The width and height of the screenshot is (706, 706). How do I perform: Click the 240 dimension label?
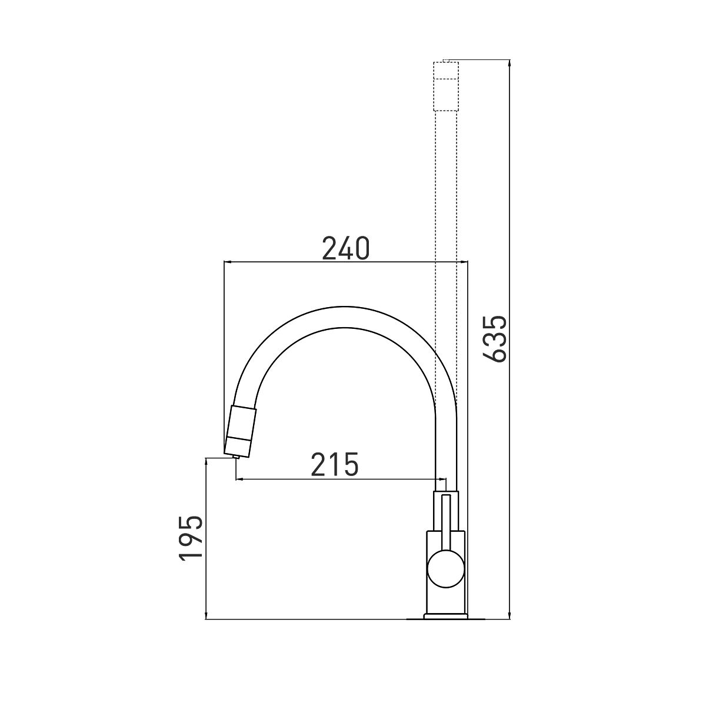pyautogui.click(x=346, y=248)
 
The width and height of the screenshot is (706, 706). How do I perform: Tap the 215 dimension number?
pyautogui.click(x=335, y=464)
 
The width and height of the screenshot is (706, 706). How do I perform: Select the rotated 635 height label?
pyautogui.click(x=495, y=339)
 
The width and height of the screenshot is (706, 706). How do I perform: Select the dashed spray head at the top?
pyautogui.click(x=446, y=86)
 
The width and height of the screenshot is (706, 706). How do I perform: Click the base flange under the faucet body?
pyautogui.click(x=446, y=617)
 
